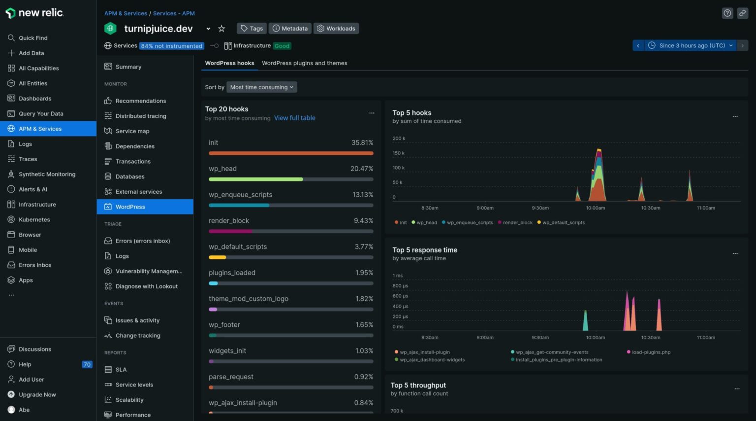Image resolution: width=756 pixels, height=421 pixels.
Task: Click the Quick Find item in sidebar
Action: pos(32,38)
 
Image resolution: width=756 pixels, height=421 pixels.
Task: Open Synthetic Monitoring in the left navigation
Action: pos(47,174)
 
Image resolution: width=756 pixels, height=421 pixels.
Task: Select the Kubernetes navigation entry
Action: pos(34,219)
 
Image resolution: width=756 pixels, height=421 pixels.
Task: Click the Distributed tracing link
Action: pos(141,116)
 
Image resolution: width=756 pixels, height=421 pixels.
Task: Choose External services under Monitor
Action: pos(138,192)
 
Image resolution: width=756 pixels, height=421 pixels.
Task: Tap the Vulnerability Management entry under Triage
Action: pos(148,271)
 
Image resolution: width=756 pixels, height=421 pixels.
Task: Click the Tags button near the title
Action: pos(252,29)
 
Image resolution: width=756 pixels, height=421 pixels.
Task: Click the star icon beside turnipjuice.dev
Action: pos(221,29)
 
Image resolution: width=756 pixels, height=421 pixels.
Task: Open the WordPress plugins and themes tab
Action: pos(304,63)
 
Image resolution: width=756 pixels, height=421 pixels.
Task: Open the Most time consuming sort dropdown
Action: pos(261,87)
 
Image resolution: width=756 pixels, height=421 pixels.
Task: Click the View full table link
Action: pos(294,118)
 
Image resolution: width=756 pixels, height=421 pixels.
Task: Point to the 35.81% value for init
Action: pos(362,142)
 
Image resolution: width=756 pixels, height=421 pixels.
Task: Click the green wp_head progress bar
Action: pos(256,179)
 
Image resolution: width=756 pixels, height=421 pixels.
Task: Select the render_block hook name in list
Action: pos(229,221)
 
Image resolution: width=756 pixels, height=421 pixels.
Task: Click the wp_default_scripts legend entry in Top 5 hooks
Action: pos(563,223)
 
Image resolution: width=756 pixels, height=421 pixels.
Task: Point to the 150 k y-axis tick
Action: pos(398,153)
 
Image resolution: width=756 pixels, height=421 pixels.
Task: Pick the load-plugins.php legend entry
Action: pos(651,352)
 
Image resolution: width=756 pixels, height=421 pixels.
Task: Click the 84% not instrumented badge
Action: pos(171,46)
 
